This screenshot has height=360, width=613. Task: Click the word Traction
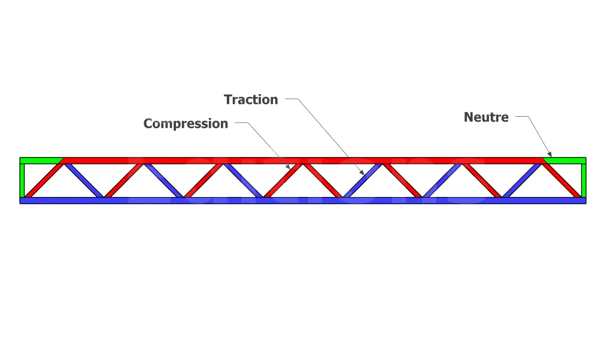[251, 100]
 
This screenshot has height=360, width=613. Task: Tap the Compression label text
[186, 124]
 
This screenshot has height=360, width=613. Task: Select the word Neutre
[486, 117]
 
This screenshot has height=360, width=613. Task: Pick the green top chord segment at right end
[566, 161]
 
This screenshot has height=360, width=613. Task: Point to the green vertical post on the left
[23, 180]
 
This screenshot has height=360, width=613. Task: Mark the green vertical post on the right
[584, 180]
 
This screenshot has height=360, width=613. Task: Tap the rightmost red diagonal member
[562, 180]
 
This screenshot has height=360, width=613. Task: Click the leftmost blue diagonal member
[84, 180]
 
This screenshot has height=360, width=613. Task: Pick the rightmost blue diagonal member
[522, 180]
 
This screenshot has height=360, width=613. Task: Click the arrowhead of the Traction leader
[362, 173]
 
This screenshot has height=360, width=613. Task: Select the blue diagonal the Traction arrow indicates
[363, 180]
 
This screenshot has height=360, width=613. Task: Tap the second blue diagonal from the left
[163, 180]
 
